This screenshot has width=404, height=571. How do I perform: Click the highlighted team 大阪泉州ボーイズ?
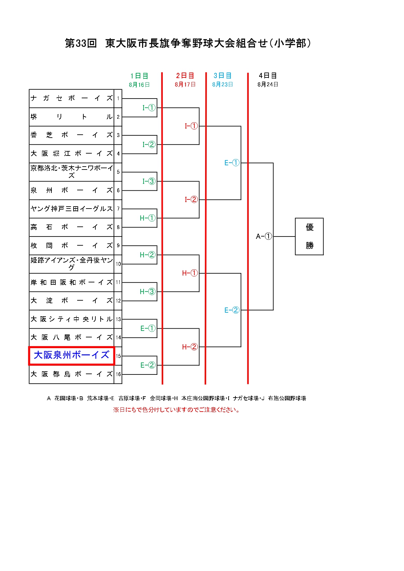72,355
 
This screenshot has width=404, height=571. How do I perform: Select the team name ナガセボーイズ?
72,98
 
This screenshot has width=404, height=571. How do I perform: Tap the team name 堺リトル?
72,117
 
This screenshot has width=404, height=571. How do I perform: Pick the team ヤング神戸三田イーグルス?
72,209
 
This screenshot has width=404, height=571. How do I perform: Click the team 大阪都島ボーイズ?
72,374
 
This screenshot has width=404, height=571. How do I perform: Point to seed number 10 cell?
118,264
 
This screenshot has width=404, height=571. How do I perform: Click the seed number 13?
118,319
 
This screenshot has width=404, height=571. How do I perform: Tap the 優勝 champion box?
309,237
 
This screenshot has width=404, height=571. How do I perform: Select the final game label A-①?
264,237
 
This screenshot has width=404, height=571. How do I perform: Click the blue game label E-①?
232,163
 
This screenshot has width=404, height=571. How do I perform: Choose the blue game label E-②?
232,310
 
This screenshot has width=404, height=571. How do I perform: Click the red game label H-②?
190,347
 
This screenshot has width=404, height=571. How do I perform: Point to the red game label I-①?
191,126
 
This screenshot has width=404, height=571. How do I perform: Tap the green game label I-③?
149,181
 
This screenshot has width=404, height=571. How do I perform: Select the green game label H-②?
148,255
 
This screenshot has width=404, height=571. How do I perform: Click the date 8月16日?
139,85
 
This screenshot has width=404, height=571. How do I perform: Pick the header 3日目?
223,76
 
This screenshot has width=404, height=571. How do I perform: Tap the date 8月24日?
268,85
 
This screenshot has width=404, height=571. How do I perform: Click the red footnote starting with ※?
176,410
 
